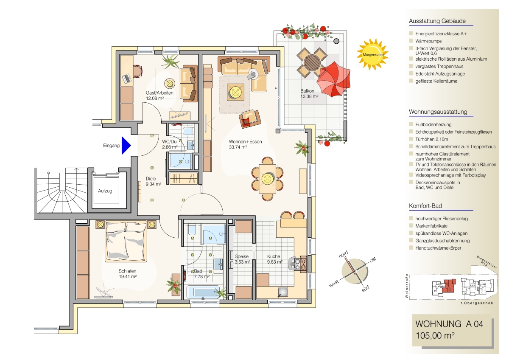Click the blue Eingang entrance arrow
coord(126,146)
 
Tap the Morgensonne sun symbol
coord(372,54)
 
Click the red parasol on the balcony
coord(333,79)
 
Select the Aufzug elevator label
coord(105,191)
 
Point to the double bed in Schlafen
coord(126,242)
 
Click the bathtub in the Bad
coord(203,292)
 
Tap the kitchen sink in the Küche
coord(283,292)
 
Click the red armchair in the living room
coord(250,119)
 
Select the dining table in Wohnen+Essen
coord(268,179)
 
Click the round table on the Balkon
coord(311,63)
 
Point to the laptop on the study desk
coord(127,79)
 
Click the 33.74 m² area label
coord(238,147)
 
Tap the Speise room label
coord(241,256)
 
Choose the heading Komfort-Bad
coord(425,206)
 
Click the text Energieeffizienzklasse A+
coord(441,34)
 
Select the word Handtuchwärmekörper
coord(438,248)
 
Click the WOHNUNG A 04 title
coord(449,324)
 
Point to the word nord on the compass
coord(343,254)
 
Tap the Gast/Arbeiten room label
coord(159,93)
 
